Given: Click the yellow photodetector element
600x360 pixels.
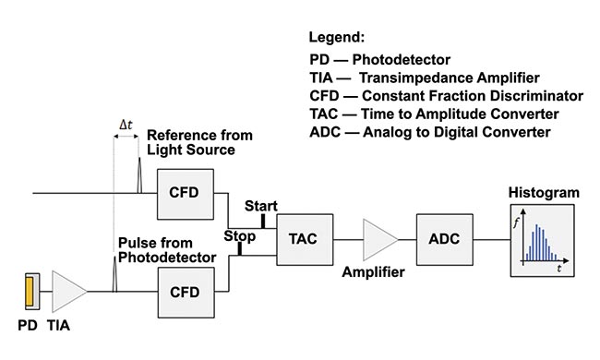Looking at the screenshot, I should pos(30,290).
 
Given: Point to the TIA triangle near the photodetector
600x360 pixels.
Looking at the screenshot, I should pos(69,290).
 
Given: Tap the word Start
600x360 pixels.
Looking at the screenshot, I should pos(260,205).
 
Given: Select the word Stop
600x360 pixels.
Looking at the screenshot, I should pos(239,236).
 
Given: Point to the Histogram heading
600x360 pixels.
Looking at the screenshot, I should pos(544,192).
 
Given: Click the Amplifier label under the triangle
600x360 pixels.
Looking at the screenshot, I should pos(375,272).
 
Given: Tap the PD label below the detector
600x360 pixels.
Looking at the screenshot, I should pos(27,326).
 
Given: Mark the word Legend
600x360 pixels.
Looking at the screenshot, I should pos(337,38).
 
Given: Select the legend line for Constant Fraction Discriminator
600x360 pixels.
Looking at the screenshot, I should pos(447,96).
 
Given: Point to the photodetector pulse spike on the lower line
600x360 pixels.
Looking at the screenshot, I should pos(114,274).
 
